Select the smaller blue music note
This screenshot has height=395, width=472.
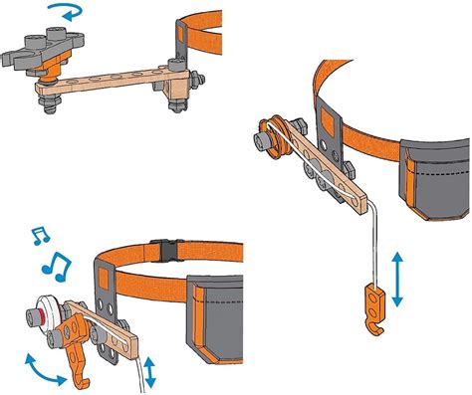40,235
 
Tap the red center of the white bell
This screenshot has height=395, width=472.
36,315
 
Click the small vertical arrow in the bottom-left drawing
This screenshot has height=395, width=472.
149,372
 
